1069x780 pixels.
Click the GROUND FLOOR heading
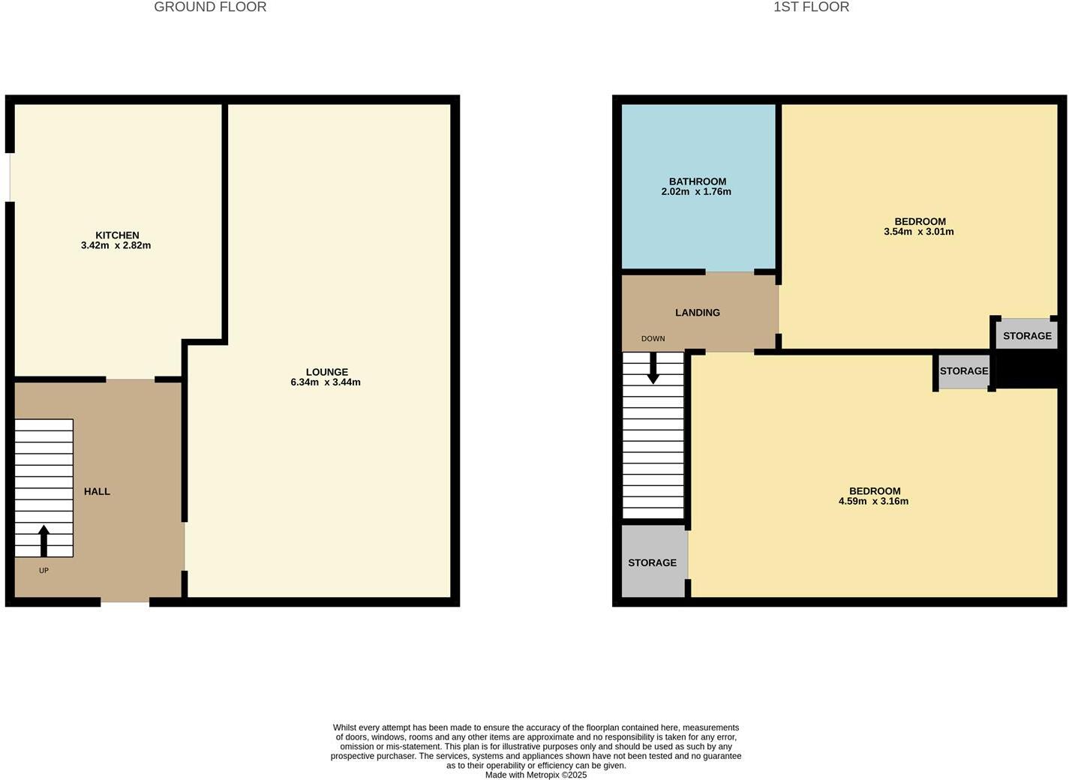210,7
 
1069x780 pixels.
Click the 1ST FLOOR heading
811,7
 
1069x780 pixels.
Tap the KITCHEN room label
117,235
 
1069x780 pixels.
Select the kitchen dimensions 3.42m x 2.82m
116,245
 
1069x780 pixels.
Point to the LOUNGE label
327,372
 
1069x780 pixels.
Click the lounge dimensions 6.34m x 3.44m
326,382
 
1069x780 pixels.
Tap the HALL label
97,491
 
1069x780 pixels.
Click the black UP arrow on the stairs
44,540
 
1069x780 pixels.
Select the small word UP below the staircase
44,571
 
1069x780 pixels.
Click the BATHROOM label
698,181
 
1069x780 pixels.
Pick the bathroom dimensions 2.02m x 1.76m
696,192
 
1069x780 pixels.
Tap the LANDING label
698,313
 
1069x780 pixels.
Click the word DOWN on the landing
653,339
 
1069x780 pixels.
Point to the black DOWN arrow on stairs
653,367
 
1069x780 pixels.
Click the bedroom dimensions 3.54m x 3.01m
919,232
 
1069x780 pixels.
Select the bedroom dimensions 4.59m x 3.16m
873,502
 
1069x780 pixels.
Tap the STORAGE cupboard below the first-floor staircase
653,562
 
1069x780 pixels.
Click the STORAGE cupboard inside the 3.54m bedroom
1027,335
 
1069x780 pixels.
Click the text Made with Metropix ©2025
536,775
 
